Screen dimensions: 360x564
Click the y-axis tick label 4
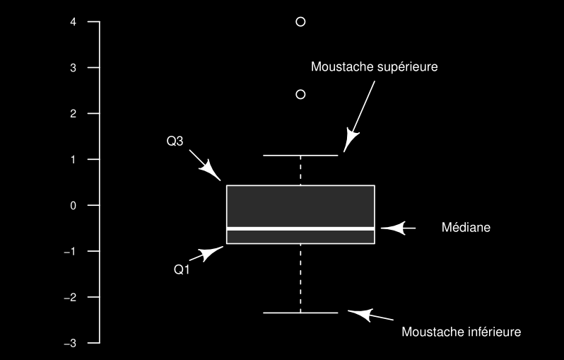click(x=73, y=22)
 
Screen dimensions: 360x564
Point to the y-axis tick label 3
click(x=73, y=68)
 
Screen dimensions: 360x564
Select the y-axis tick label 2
click(x=73, y=114)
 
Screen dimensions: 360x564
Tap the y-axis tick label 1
click(x=73, y=160)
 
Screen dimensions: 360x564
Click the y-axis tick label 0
click(x=73, y=206)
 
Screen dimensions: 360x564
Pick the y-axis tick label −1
click(x=71, y=252)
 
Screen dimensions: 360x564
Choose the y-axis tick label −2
click(x=71, y=298)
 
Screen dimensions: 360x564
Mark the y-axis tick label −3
click(x=71, y=344)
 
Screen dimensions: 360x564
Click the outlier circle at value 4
click(x=300, y=22)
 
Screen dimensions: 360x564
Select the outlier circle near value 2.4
click(x=300, y=94)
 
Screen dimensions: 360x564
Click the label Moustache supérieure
click(x=375, y=67)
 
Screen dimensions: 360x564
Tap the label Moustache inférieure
click(x=461, y=331)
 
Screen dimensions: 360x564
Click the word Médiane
click(x=466, y=228)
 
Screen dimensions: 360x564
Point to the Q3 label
click(x=175, y=141)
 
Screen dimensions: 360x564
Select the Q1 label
click(x=182, y=269)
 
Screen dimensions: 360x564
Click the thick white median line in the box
click(x=300, y=228)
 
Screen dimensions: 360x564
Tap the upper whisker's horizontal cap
click(x=300, y=155)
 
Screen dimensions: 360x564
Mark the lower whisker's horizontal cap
click(x=300, y=312)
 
